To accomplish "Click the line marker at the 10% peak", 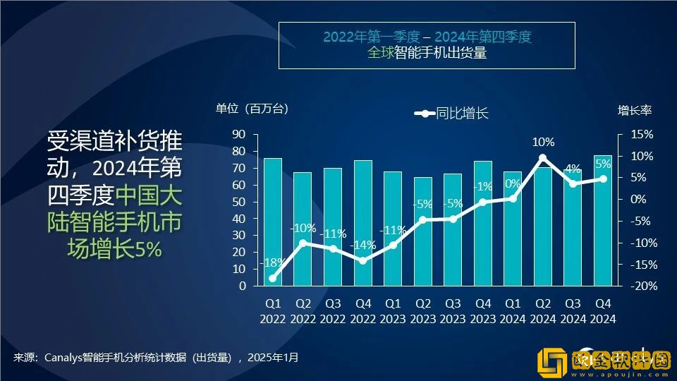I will coord(542,158).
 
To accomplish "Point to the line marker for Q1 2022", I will coord(273,278).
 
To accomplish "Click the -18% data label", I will coord(272,262).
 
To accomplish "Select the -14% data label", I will coord(362,245).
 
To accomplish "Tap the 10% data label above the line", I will coord(543,142).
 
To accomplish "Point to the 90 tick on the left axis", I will coord(238,134).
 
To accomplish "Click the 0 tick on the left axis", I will coord(242,286).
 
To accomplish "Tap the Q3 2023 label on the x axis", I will coord(453,311).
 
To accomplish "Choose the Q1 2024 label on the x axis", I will coord(513,311).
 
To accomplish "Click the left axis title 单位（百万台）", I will coord(252,109).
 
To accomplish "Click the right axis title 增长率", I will coord(635,110).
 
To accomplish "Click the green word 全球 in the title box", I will coord(378,52).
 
